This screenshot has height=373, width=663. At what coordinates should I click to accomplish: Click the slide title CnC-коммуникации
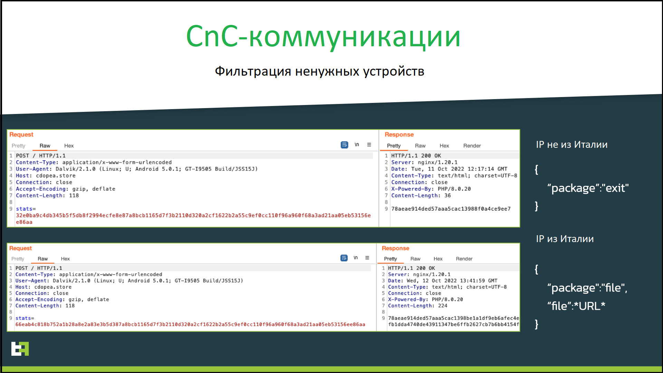coord(323,37)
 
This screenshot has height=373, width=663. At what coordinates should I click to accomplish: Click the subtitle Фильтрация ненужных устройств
coord(319,71)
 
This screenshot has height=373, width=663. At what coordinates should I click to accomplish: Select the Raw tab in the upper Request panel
coord(45,146)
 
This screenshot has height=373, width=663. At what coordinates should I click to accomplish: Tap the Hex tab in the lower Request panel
coord(65,259)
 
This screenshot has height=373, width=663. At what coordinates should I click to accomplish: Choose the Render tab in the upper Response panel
coord(472,146)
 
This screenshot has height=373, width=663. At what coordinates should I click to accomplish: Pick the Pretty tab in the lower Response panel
coord(391,259)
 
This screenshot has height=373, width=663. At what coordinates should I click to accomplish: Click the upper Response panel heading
coord(399,135)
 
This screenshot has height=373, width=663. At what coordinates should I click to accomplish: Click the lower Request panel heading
coord(20,248)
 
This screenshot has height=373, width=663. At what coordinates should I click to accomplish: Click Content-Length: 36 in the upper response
coord(421,195)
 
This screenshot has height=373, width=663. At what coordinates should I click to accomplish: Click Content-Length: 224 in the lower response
coord(417,306)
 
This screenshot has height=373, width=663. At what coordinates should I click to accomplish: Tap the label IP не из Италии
coord(571,145)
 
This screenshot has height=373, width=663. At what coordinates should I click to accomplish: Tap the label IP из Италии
coord(565,239)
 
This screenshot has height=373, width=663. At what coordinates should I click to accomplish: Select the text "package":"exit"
coord(588,188)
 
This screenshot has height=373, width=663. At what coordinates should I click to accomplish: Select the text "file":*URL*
coord(576,306)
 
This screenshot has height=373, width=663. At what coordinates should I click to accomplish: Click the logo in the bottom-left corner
coord(20,348)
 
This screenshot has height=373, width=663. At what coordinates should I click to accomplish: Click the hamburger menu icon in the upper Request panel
coord(369,145)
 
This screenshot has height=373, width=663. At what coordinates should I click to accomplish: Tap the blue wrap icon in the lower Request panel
coord(344,258)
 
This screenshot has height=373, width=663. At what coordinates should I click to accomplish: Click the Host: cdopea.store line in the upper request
coord(46,175)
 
